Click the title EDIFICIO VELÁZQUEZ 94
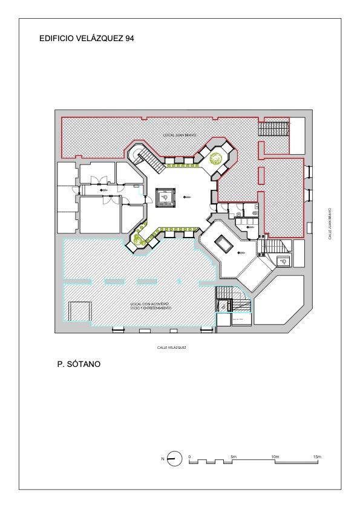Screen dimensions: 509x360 87,38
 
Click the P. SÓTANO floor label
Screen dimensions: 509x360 79,365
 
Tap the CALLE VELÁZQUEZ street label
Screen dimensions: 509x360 171,348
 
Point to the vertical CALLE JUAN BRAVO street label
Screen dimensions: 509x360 330,224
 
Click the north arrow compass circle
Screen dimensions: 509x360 175,459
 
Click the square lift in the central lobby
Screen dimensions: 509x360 165,197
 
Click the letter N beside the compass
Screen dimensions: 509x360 163,459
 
